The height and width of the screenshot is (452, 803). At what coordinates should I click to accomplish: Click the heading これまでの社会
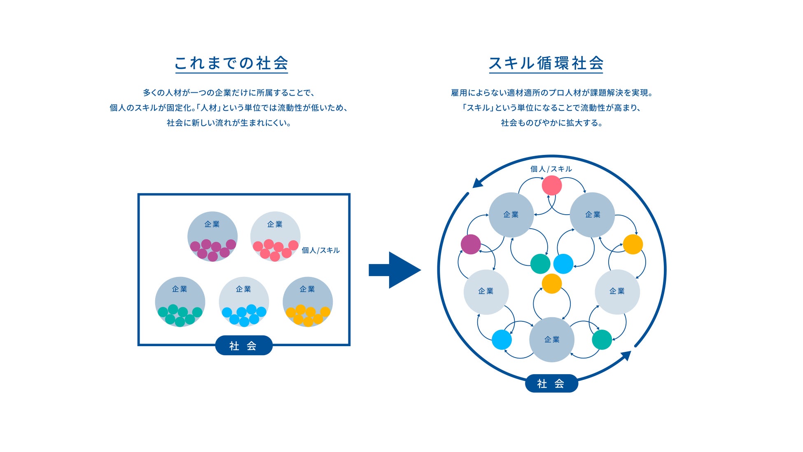(231, 63)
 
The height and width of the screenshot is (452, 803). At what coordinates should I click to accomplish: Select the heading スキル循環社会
(546, 63)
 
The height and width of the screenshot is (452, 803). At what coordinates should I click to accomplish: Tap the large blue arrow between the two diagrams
(394, 270)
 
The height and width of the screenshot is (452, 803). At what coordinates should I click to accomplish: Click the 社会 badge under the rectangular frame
(243, 346)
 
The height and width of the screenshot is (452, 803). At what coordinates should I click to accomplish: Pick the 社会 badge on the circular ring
(551, 384)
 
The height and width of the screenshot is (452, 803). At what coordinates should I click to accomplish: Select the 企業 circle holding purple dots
(212, 236)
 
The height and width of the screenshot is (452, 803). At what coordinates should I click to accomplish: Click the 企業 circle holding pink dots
(275, 236)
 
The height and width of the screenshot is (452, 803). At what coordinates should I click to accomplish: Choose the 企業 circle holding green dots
(180, 301)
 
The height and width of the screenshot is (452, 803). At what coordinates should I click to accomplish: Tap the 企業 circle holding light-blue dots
(244, 301)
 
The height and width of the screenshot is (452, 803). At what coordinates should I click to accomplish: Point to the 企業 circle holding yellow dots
(308, 301)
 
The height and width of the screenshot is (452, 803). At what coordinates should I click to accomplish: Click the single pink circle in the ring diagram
(552, 185)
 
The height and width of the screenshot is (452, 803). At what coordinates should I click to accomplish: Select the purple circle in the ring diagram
(471, 244)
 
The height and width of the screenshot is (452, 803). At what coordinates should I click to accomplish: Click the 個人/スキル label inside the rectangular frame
(320, 251)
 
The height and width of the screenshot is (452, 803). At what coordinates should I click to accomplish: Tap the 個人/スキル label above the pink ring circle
(551, 169)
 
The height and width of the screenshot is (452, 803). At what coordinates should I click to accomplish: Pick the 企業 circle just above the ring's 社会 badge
(552, 340)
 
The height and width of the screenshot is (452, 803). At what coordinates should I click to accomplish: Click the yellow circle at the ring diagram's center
(552, 283)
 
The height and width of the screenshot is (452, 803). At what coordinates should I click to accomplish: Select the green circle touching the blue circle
(540, 264)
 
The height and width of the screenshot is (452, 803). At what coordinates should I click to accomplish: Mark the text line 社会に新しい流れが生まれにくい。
(229, 123)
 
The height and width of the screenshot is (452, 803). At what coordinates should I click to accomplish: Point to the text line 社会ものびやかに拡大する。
(551, 123)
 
